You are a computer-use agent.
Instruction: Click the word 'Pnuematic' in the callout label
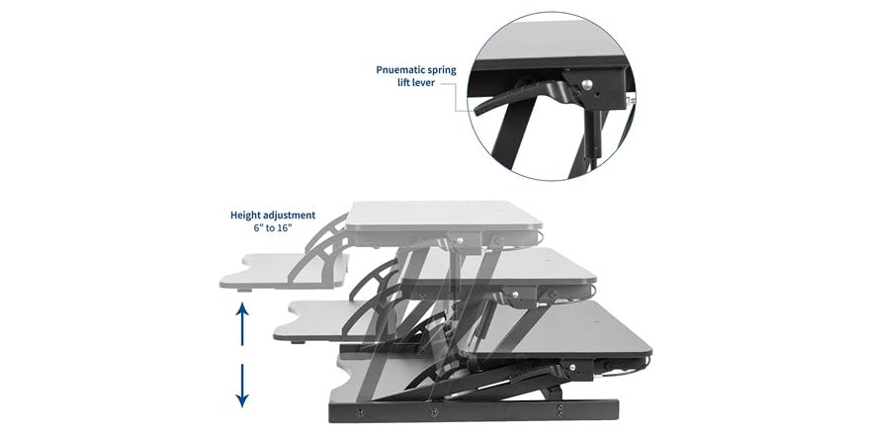(398, 71)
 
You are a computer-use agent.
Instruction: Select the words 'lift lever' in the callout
(420, 85)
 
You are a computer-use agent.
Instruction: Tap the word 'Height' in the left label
(247, 215)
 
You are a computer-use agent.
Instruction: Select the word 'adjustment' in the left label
(291, 215)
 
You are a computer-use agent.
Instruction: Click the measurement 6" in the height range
(259, 228)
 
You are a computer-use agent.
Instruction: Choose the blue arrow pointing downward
(241, 386)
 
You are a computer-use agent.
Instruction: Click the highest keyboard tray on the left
(281, 269)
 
